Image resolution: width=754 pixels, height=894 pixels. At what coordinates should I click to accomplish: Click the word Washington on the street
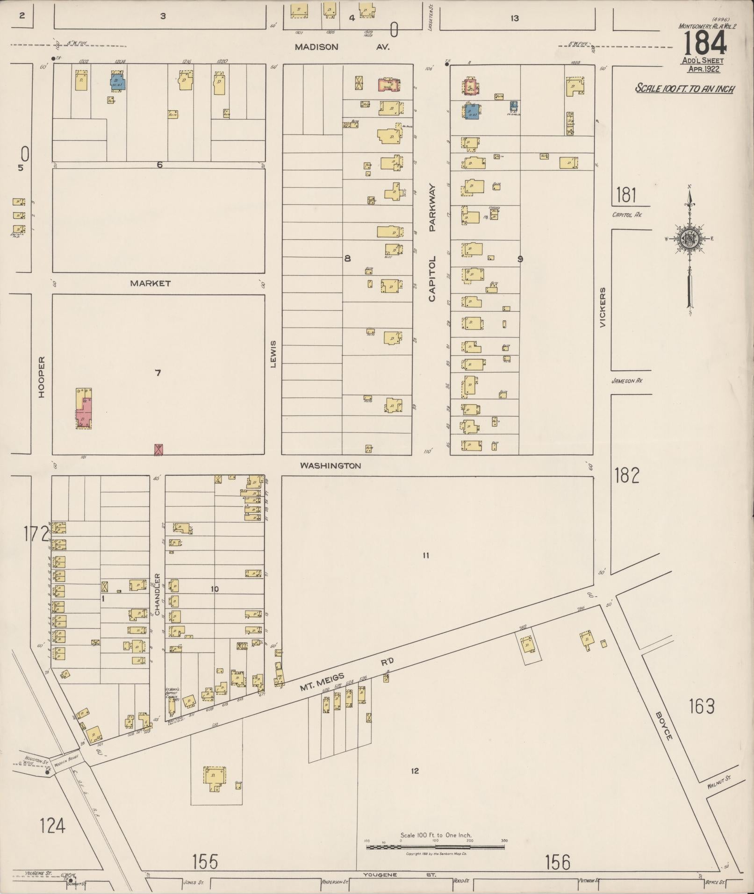pyautogui.click(x=330, y=465)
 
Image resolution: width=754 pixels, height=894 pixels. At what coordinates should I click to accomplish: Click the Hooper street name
pyautogui.click(x=42, y=377)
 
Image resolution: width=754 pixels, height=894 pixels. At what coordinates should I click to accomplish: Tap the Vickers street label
pyautogui.click(x=603, y=307)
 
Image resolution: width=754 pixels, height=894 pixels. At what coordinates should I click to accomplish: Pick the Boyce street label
pyautogui.click(x=663, y=726)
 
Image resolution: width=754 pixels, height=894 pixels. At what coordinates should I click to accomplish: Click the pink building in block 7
pyautogui.click(x=84, y=412)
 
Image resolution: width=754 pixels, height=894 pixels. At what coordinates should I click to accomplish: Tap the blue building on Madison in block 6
pyautogui.click(x=118, y=82)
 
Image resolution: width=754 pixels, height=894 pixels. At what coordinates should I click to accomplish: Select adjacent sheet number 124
pyautogui.click(x=52, y=826)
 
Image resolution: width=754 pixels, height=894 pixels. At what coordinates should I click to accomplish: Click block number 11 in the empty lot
pyautogui.click(x=425, y=555)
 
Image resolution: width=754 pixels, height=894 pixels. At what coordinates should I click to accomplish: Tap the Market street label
pyautogui.click(x=150, y=283)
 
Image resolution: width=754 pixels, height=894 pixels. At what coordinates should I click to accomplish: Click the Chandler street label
pyautogui.click(x=158, y=594)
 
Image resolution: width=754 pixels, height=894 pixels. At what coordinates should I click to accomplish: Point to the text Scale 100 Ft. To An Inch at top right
pyautogui.click(x=684, y=88)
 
